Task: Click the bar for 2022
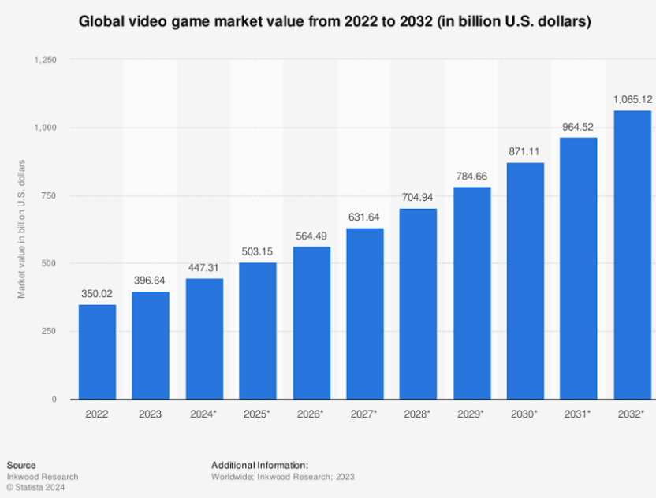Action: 97,351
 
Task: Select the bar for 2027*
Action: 365,314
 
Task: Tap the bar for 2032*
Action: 632,255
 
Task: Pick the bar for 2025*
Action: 258,331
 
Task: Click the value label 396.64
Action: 149,281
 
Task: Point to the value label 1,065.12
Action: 632,99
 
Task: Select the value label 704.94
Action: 418,197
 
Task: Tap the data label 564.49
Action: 311,236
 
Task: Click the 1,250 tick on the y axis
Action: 45,60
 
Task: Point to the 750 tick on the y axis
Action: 49,195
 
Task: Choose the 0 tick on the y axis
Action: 54,400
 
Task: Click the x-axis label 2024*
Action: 203,414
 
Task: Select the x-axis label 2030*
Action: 524,414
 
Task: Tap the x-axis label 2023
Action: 150,414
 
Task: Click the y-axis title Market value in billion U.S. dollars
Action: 21,229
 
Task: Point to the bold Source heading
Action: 21,466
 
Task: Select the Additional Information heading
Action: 260,466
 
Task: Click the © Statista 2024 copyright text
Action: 35,487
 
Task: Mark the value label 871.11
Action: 524,152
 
